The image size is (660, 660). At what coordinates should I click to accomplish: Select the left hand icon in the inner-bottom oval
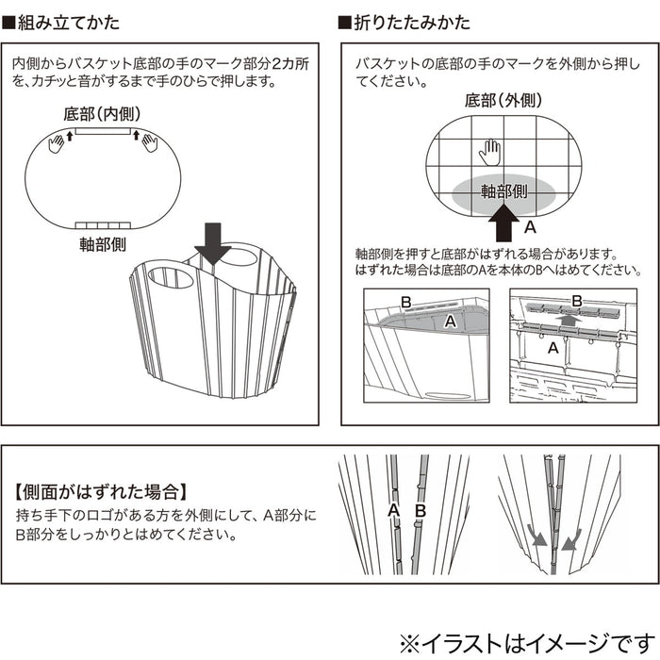(x=56, y=142)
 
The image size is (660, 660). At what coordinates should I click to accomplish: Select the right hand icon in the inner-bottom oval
(x=150, y=142)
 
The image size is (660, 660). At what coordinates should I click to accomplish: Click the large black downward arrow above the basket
(x=212, y=243)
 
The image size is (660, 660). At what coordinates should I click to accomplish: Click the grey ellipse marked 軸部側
(x=504, y=191)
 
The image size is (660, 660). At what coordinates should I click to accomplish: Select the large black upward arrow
(x=505, y=227)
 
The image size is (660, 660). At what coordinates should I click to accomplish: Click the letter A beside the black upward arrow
(x=530, y=227)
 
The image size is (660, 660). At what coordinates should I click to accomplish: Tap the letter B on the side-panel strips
(x=421, y=510)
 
